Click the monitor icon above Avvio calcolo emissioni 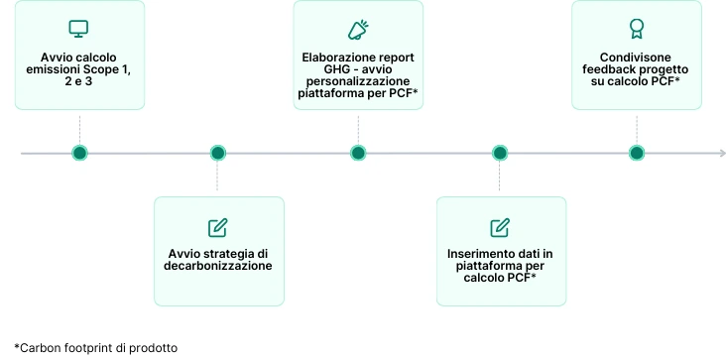tap(79, 29)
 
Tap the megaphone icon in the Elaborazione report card tap(358, 29)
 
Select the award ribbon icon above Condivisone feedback tap(636, 29)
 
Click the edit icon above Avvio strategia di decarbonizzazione tap(218, 226)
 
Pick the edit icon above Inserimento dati tap(500, 226)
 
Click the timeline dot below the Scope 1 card tap(79, 153)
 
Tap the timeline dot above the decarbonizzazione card tap(218, 153)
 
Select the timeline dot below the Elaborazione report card tap(358, 153)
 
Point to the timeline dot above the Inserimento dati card tap(500, 153)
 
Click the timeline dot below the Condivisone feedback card tap(636, 153)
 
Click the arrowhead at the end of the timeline tap(721, 153)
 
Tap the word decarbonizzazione tap(218, 267)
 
